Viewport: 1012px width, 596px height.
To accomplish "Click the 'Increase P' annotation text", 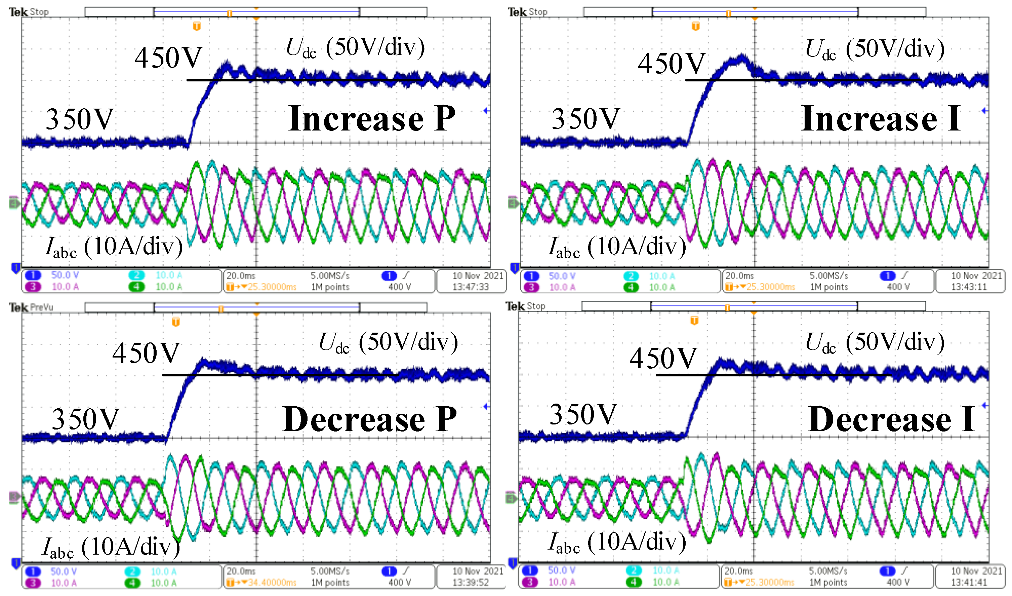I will pos(372,119).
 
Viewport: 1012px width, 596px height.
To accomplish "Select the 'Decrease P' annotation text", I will pos(369,419).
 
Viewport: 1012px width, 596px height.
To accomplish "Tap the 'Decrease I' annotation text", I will pos(891,419).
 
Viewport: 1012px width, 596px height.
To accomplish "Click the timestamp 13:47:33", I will pos(470,287).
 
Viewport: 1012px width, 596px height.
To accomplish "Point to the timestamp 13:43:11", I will pos(969,287).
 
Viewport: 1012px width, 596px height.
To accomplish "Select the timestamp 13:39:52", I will pos(470,582).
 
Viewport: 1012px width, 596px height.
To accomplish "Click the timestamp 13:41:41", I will pos(969,582).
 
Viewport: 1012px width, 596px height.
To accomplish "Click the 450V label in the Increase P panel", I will pos(168,58).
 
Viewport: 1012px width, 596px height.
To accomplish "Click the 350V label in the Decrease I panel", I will pos(583,414).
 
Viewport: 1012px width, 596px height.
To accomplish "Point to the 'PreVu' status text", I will pos(41,307).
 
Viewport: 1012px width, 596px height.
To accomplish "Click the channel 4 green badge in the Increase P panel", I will pos(136,287).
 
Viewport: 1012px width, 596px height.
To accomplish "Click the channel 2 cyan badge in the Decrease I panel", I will pos(633,571).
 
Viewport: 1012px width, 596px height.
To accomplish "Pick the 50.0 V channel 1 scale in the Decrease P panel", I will pos(63,571).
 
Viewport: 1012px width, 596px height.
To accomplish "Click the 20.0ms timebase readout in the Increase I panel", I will pos(739,276).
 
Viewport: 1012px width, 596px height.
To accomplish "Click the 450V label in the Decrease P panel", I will pos(146,353).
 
